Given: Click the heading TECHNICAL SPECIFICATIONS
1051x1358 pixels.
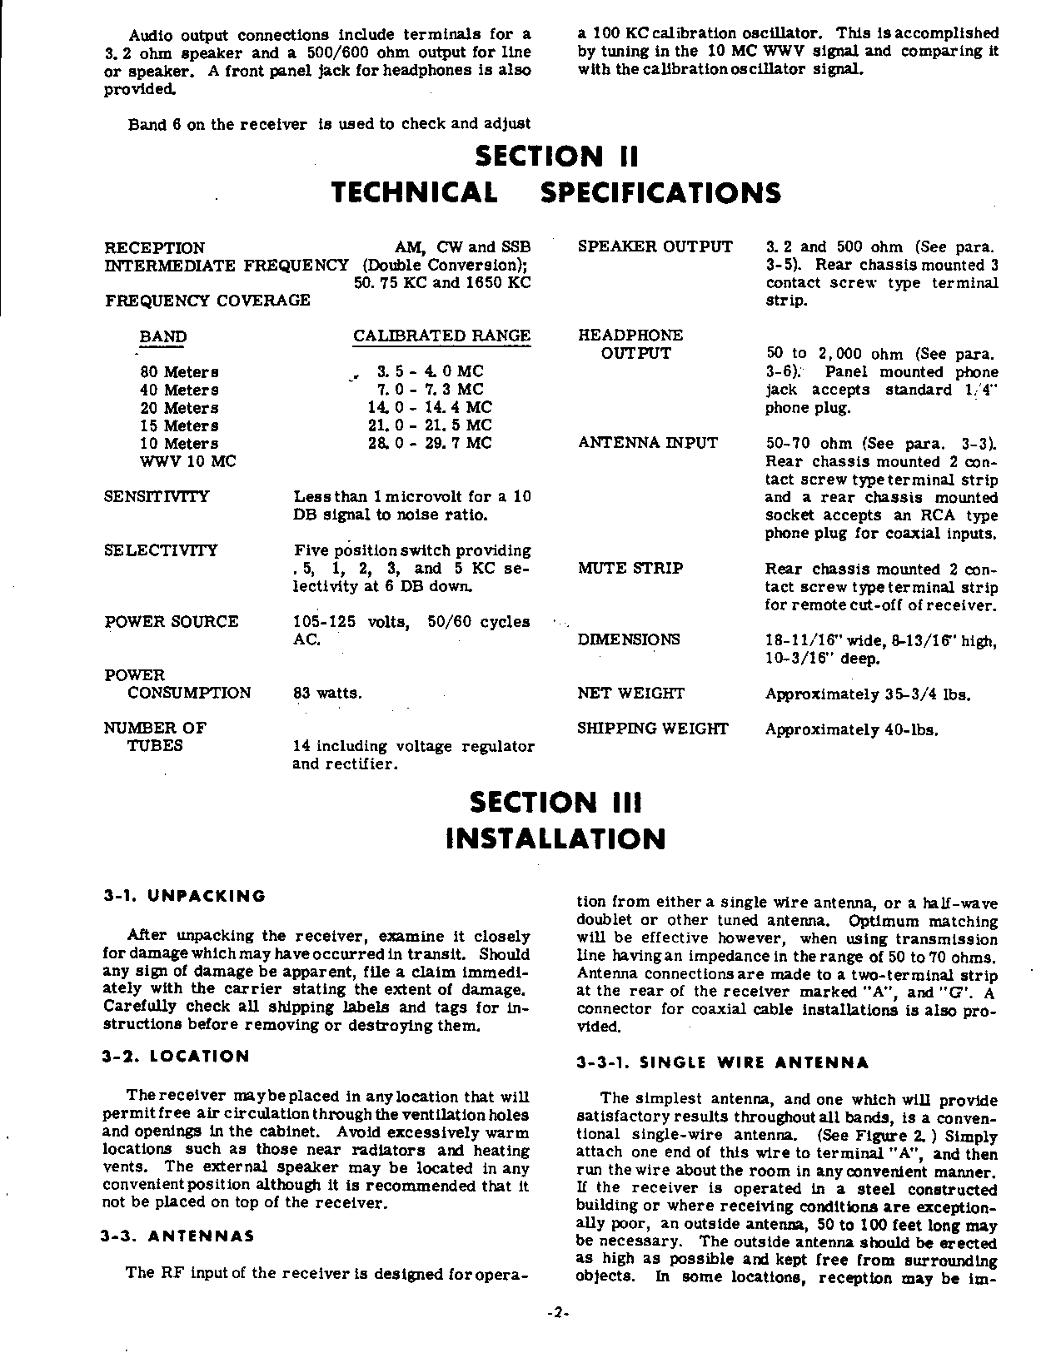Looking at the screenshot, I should coord(555,193).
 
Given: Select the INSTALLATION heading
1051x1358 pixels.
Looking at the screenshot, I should coord(555,838).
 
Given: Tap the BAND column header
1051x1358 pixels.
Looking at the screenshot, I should coord(163,337).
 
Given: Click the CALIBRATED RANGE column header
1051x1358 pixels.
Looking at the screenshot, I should coord(441,336).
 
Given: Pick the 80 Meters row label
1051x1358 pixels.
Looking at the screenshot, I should coord(179,372).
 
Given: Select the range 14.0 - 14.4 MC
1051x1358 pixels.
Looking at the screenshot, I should coord(430,408).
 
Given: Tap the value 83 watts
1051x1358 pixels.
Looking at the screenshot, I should coord(327,694).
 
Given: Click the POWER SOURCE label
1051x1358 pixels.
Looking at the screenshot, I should coord(172,622).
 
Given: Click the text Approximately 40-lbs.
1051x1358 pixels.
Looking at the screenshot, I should coord(852,730).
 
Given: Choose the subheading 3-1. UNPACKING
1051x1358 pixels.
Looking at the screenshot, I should coord(184,897).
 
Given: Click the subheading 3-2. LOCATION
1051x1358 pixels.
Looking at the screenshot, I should coord(176,1057).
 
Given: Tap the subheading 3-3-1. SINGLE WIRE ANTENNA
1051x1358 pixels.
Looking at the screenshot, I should coord(723,1063).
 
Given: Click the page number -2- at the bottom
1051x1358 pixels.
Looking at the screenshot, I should coord(557,1313).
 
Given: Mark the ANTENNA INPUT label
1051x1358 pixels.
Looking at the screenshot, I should coord(647,443).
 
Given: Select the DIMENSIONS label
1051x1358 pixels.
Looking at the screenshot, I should coord(629,639).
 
